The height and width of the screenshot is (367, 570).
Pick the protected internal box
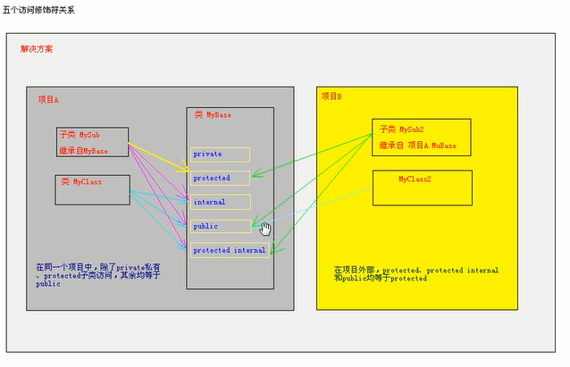point(230,250)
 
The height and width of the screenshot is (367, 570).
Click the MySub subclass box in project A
point(92,142)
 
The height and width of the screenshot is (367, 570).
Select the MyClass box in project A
point(92,189)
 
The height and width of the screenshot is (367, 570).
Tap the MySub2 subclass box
point(421,138)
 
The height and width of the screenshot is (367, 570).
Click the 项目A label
point(48,100)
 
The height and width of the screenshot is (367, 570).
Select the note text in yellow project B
point(415,273)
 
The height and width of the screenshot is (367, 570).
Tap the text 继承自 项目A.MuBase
point(417,145)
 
